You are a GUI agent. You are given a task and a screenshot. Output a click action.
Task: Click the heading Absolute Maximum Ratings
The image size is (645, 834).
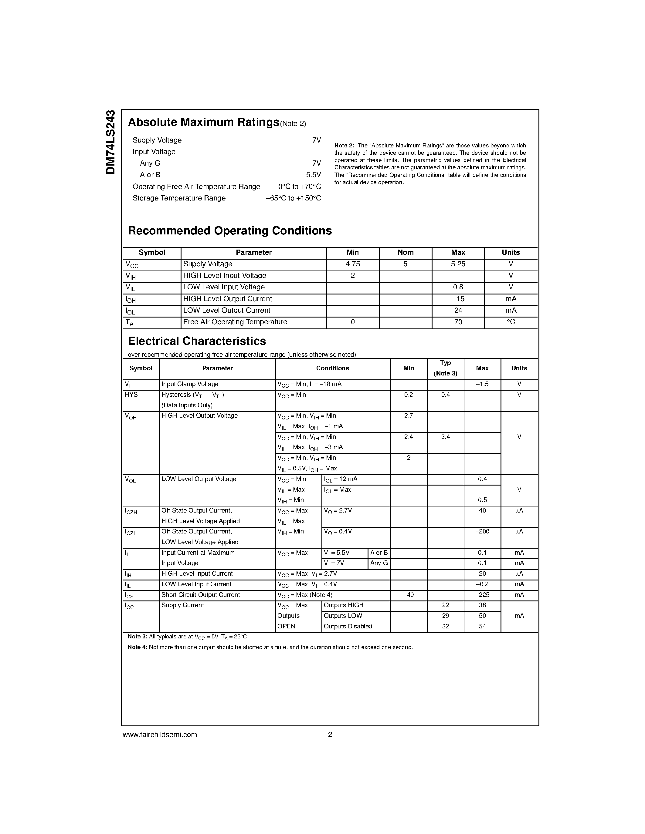[203, 122]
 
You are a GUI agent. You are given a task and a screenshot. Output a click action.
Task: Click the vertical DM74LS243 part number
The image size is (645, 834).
[110, 142]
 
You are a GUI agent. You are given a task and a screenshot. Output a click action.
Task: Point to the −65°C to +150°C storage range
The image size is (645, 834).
[293, 198]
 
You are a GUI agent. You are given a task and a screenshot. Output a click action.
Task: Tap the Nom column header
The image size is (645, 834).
[406, 252]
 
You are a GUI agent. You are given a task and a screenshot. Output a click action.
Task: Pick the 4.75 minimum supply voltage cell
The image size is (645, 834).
[352, 264]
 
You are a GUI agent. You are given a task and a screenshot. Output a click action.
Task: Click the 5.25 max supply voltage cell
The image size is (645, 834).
[458, 264]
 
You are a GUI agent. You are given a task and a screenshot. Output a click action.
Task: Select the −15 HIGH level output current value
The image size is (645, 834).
[458, 299]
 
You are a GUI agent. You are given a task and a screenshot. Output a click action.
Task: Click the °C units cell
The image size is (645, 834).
[511, 322]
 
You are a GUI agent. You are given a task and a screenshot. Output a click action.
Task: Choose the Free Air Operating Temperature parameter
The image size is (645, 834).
[235, 322]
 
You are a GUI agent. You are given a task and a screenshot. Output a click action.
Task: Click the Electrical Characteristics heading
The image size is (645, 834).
[197, 341]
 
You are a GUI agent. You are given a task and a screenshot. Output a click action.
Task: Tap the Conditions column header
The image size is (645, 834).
[332, 368]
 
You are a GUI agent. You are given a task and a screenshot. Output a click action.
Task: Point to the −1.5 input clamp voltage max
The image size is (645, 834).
[482, 384]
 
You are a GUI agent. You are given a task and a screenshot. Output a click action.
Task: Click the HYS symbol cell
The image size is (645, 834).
[131, 395]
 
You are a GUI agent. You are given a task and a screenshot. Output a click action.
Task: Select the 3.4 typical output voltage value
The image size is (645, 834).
[446, 437]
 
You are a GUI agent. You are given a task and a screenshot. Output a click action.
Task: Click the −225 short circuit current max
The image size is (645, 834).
[482, 595]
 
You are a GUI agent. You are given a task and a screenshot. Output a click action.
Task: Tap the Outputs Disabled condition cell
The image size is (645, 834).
[348, 627]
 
